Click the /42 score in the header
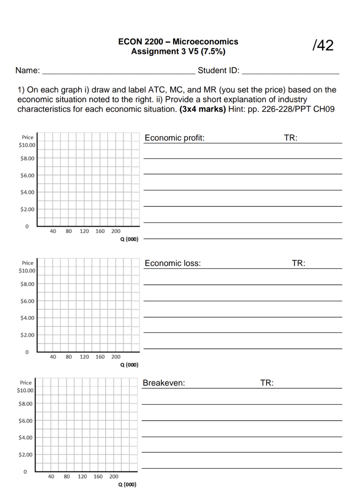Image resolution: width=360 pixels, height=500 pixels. click(323, 45)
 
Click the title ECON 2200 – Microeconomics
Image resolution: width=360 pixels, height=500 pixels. click(178, 42)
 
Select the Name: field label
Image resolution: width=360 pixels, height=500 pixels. click(28, 70)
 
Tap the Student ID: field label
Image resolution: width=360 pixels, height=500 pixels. click(218, 70)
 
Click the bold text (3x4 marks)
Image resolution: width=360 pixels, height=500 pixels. click(202, 109)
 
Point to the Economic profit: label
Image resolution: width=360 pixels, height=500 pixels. click(174, 138)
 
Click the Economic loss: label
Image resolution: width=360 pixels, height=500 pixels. click(173, 263)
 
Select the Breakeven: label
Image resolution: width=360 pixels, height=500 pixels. click(164, 383)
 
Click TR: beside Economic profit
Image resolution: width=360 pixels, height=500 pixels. click(290, 138)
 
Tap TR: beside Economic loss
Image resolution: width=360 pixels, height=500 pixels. click(298, 263)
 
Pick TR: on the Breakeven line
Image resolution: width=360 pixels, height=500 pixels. click(267, 383)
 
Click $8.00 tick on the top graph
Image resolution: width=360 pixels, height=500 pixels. click(27, 158)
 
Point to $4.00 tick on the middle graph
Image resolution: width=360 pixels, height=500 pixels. click(27, 318)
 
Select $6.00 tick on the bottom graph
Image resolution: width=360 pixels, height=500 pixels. click(25, 421)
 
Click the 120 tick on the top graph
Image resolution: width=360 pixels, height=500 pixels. click(84, 231)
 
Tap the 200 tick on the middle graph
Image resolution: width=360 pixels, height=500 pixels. click(116, 357)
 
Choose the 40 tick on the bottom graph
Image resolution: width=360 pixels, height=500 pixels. click(51, 477)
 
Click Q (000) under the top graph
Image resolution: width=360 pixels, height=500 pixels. click(129, 239)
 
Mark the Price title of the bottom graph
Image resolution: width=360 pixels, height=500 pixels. click(26, 383)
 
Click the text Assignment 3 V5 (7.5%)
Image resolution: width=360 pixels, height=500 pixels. click(178, 51)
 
